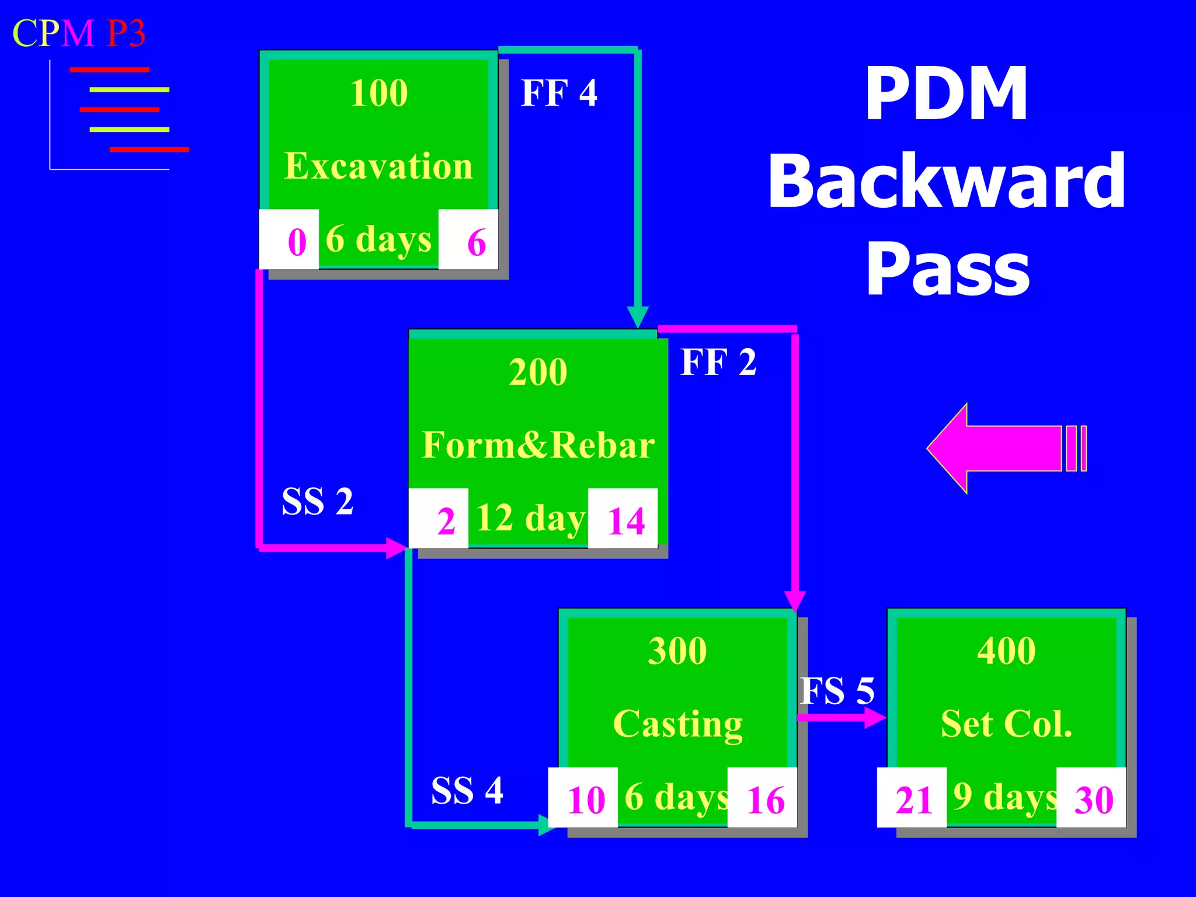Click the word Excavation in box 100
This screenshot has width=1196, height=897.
[378, 166]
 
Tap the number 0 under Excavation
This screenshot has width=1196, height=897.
[297, 242]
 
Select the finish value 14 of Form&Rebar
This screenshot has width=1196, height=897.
[625, 520]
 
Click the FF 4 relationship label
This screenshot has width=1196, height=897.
[559, 93]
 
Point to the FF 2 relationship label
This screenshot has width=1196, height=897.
[718, 362]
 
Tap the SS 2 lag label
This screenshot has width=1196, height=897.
[317, 501]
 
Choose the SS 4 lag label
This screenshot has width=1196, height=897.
[467, 791]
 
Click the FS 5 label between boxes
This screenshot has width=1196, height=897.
[837, 691]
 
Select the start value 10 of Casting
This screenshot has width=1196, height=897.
[586, 799]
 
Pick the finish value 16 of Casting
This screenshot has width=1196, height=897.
[765, 799]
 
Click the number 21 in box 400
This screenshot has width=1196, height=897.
[913, 799]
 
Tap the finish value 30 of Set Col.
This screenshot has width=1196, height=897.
[1094, 799]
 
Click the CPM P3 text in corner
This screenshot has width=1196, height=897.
[79, 33]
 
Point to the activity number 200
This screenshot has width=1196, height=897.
[538, 372]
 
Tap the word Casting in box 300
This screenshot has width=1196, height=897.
[677, 724]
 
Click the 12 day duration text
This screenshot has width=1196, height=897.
[529, 518]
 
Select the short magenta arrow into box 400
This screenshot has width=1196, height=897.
[842, 717]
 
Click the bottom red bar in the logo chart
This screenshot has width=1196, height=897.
[149, 149]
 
